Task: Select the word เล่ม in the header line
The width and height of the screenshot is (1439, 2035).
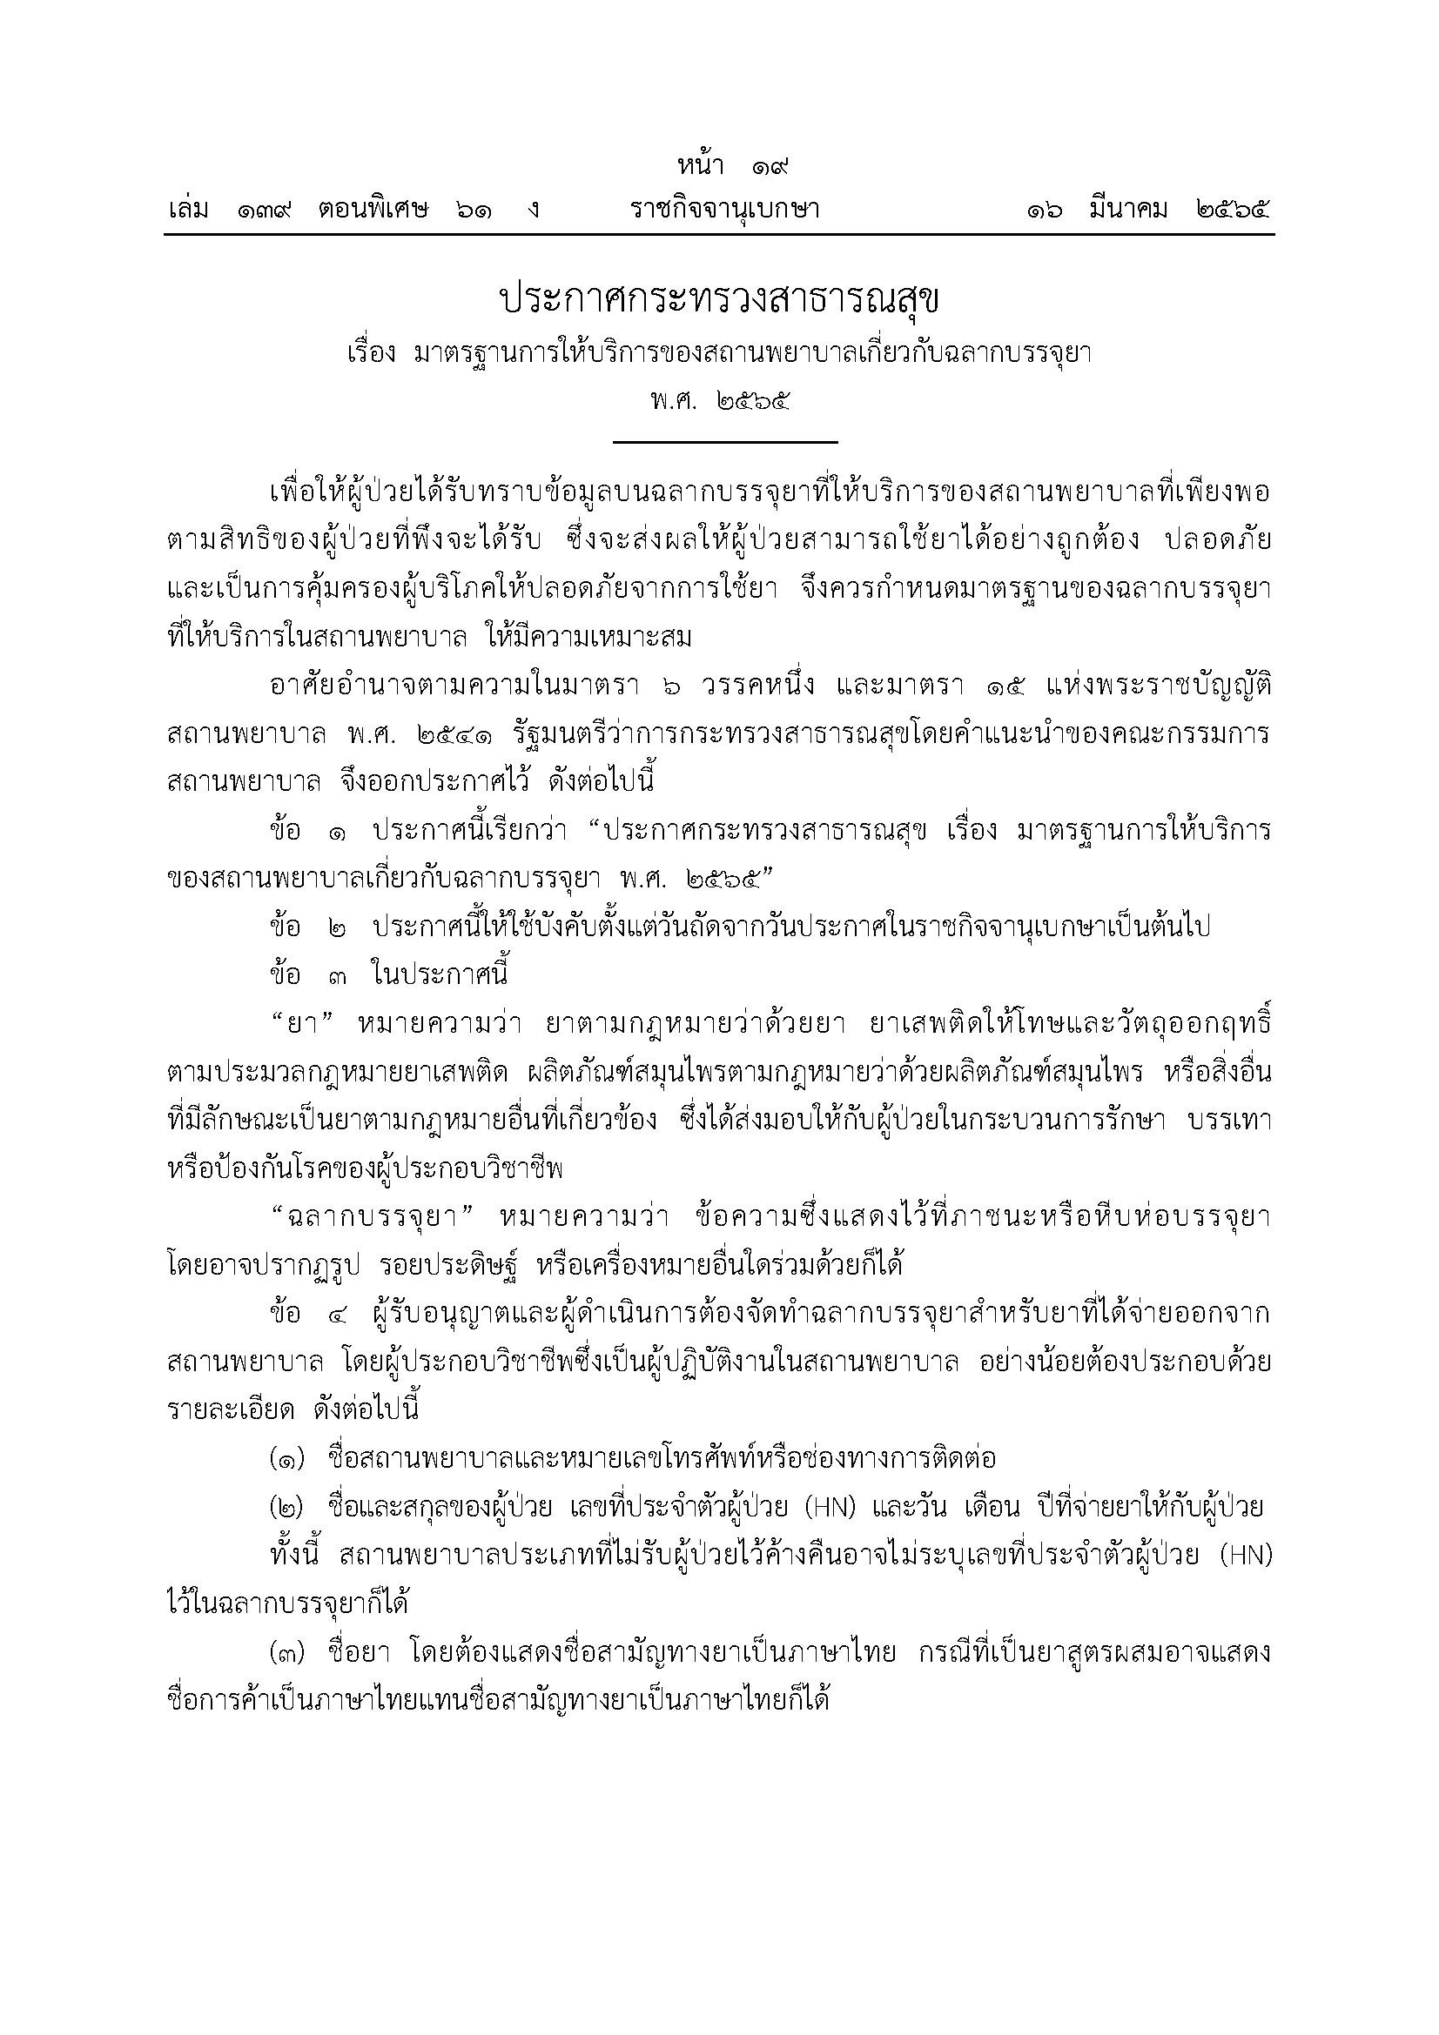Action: tap(188, 210)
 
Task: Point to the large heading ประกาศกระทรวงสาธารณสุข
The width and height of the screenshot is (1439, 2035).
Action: tap(719, 300)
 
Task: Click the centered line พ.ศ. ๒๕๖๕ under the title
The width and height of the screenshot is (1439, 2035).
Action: tap(719, 400)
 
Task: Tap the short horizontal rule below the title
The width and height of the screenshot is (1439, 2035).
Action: tap(724, 441)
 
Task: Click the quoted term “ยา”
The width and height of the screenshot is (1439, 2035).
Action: tap(303, 1024)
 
